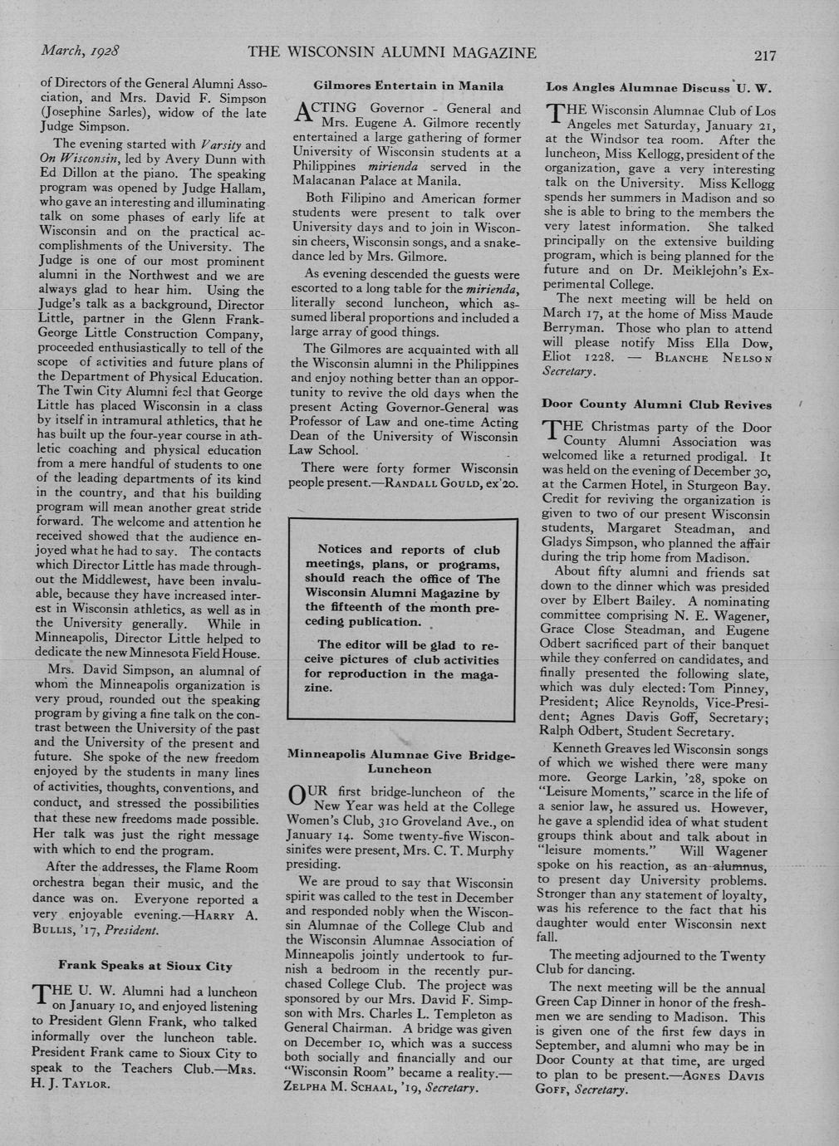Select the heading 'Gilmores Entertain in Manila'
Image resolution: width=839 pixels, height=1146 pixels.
pyautogui.click(x=408, y=86)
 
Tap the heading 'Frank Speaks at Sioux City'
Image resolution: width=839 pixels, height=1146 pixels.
pyautogui.click(x=145, y=966)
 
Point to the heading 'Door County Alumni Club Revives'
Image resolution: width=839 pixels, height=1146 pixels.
pyautogui.click(x=656, y=404)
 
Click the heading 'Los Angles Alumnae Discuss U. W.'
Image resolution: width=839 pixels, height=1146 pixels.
pyautogui.click(x=659, y=86)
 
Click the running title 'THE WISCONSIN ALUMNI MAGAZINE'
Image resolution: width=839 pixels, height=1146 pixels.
pyautogui.click(x=392, y=53)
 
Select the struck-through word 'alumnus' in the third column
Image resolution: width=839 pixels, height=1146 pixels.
pyautogui.click(x=738, y=866)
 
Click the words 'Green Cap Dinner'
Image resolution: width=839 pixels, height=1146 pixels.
pyautogui.click(x=591, y=1002)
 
